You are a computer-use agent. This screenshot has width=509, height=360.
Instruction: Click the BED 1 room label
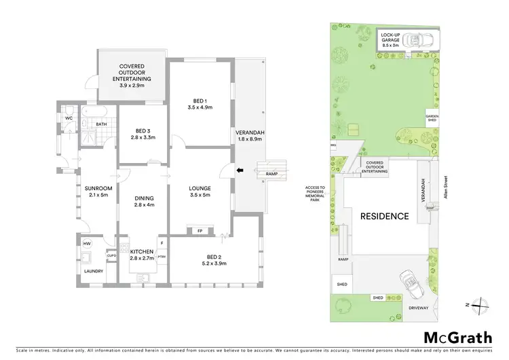coord(200,100)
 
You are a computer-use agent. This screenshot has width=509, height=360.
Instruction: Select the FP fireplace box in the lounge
coord(200,230)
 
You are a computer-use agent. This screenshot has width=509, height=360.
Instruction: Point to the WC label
coord(69,118)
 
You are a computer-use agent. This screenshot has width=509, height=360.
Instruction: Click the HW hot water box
coord(87,243)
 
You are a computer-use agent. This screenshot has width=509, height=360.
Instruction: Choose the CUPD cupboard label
coord(111,256)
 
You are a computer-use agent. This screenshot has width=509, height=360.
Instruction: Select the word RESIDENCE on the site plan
coord(384,217)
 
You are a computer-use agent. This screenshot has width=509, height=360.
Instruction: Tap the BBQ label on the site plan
coord(333,145)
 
